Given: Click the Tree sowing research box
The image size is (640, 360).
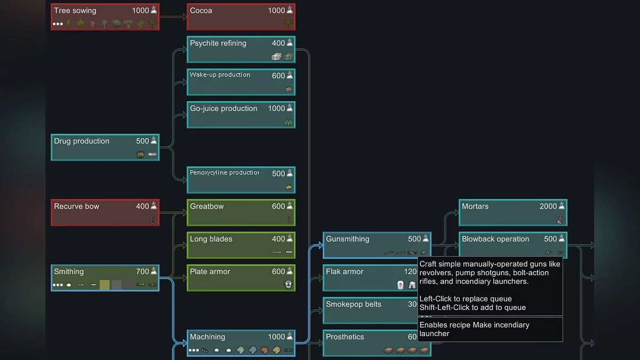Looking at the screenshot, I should (x=105, y=17).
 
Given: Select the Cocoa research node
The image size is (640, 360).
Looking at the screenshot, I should (x=241, y=17).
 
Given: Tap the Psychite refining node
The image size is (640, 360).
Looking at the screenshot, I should (x=241, y=50).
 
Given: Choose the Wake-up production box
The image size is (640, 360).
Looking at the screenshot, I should (x=241, y=82).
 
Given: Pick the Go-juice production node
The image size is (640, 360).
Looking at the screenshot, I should (x=241, y=115).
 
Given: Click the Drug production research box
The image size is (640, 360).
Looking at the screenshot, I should (x=105, y=147).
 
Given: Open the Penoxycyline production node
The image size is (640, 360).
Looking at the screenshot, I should (x=241, y=180).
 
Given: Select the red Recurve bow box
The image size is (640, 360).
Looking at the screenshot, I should (x=105, y=212).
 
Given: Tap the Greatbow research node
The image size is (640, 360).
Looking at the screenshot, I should (x=241, y=212).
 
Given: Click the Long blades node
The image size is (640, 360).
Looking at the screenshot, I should (x=241, y=245).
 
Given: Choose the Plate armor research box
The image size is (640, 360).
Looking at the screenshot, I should (x=241, y=277).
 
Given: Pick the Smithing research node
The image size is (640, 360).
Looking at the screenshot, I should (x=105, y=277).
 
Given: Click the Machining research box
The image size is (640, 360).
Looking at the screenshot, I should (x=241, y=343).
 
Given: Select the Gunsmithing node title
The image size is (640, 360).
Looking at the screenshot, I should (x=347, y=239).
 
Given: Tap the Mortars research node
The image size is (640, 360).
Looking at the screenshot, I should (x=513, y=212).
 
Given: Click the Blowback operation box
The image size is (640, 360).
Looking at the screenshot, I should (x=513, y=245).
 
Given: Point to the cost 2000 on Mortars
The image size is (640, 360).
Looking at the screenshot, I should (x=548, y=206).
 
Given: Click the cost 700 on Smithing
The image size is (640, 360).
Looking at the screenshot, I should (x=142, y=271).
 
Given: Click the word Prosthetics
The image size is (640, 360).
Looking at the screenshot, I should (x=345, y=337).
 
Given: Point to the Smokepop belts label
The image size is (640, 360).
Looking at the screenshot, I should (x=354, y=304).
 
